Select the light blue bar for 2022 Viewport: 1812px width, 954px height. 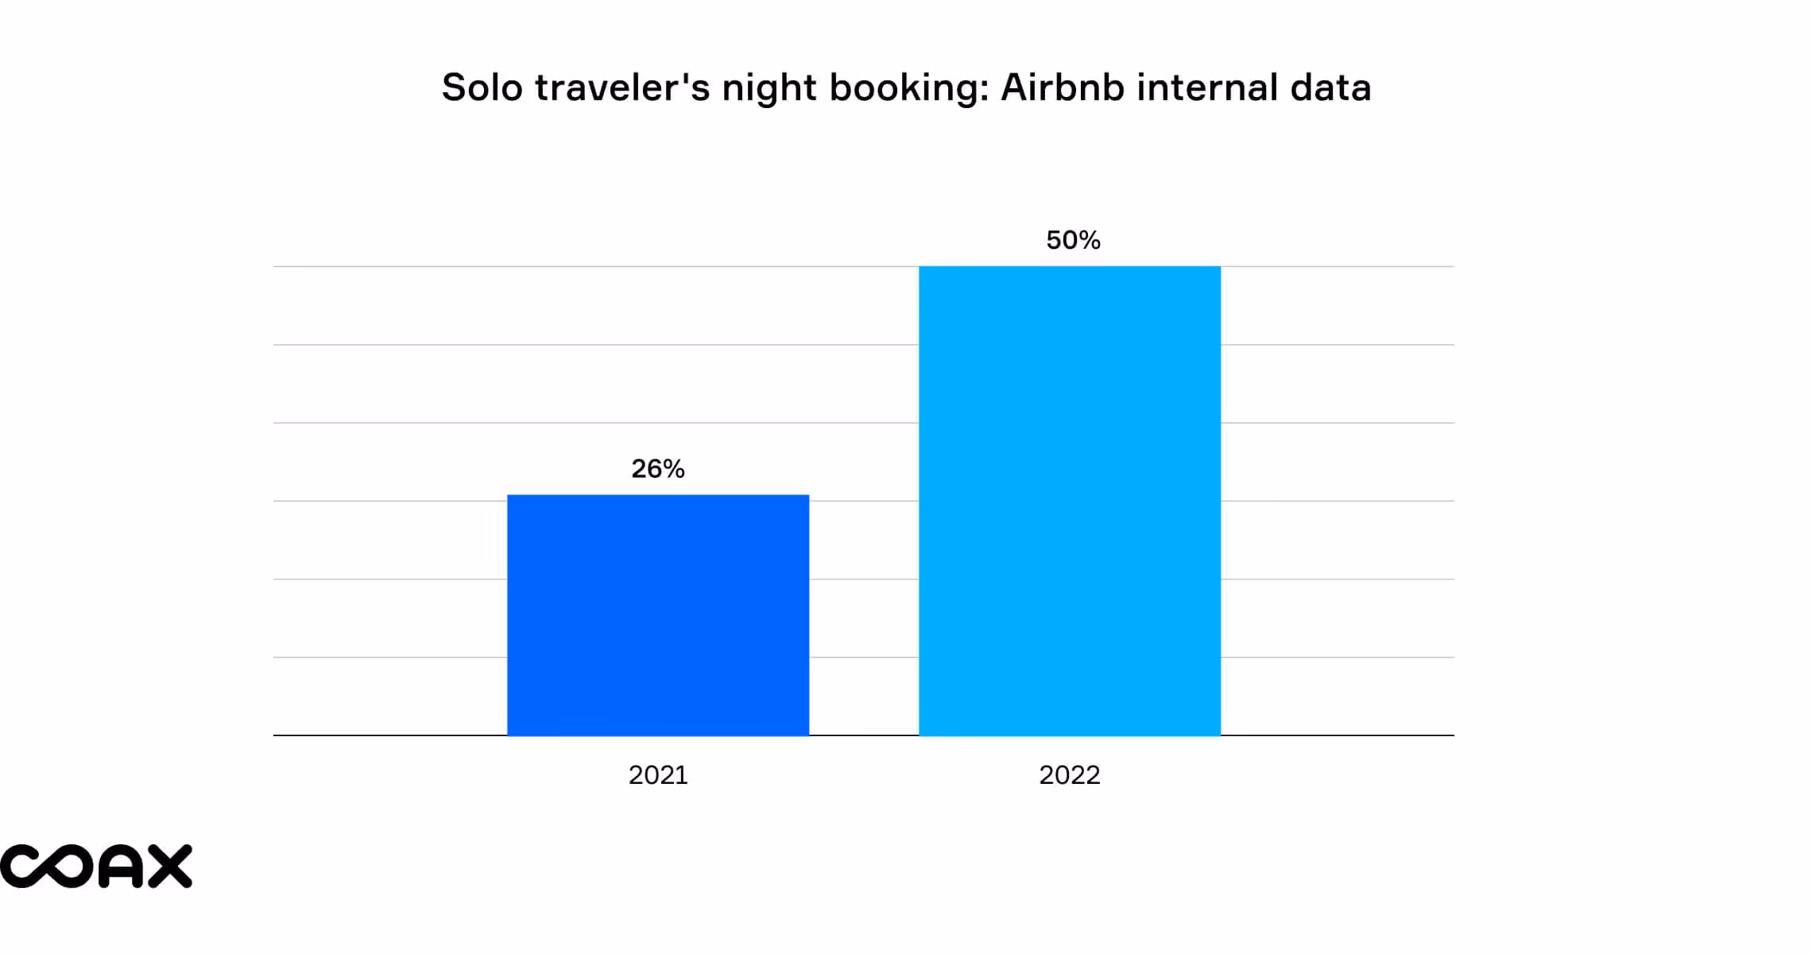coord(1069,501)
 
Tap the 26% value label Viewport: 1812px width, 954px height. coord(658,468)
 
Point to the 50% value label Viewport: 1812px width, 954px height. coord(1073,240)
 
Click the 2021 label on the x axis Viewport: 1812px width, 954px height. coord(658,774)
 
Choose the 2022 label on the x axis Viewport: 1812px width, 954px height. coord(1069,774)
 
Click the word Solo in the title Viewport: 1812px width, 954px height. coord(482,87)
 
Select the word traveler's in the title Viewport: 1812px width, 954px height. coord(622,87)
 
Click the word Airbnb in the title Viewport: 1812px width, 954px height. coord(1061,87)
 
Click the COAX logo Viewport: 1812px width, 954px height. coord(95,866)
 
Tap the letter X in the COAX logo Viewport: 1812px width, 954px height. coord(170,866)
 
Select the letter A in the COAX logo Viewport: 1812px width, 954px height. coord(122,866)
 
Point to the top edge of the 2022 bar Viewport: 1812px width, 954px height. coord(1069,267)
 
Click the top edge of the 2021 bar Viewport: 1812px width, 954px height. coord(658,496)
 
